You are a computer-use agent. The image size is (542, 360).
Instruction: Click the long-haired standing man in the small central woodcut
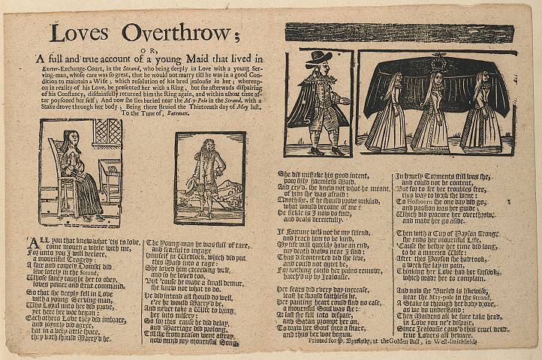click(x=209, y=175)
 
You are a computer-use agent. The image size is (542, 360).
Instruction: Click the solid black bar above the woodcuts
click(x=399, y=34)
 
